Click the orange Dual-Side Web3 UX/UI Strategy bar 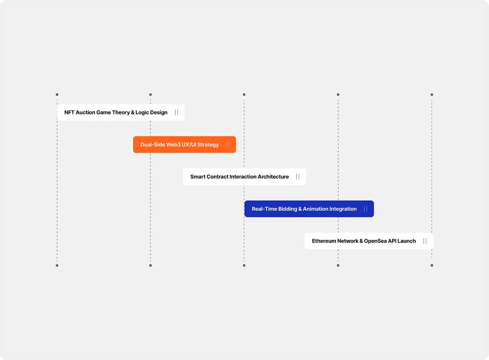184,144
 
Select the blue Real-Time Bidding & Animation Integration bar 309,209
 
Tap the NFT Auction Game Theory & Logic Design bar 121,112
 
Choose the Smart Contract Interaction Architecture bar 244,177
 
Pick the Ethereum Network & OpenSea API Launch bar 369,241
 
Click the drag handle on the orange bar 228,144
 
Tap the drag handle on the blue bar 366,209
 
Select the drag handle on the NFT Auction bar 177,112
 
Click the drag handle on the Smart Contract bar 298,177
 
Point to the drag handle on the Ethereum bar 425,241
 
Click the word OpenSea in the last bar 375,241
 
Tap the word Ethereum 324,241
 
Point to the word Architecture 273,177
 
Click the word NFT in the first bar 69,112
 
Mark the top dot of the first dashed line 57,95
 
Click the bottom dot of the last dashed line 432,265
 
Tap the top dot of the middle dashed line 244,95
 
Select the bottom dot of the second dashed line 150,265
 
